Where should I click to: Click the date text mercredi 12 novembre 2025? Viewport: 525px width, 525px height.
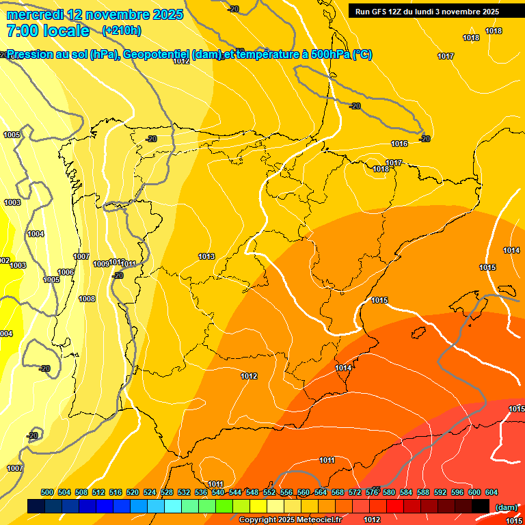pyautogui.click(x=95, y=14)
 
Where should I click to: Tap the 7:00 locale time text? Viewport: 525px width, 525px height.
pyautogui.click(x=48, y=31)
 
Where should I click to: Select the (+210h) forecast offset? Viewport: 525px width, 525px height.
pyautogui.click(x=121, y=30)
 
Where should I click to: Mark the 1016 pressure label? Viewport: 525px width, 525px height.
pyautogui.click(x=399, y=144)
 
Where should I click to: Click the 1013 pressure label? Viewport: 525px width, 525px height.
pyautogui.click(x=206, y=256)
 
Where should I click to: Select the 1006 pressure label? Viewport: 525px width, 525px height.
pyautogui.click(x=66, y=272)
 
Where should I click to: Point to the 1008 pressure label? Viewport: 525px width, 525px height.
pyautogui.click(x=87, y=299)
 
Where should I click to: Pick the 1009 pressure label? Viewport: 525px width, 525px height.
pyautogui.click(x=101, y=263)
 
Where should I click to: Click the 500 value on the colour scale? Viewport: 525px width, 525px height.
pyautogui.click(x=47, y=492)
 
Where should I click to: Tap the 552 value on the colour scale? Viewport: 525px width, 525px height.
pyautogui.click(x=269, y=492)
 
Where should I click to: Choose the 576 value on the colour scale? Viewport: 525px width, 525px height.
pyautogui.click(x=372, y=492)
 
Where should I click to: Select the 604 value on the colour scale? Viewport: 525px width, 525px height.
pyautogui.click(x=492, y=492)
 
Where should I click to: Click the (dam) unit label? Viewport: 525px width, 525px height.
pyautogui.click(x=506, y=507)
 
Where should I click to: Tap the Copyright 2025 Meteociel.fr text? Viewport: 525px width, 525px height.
pyautogui.click(x=290, y=520)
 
